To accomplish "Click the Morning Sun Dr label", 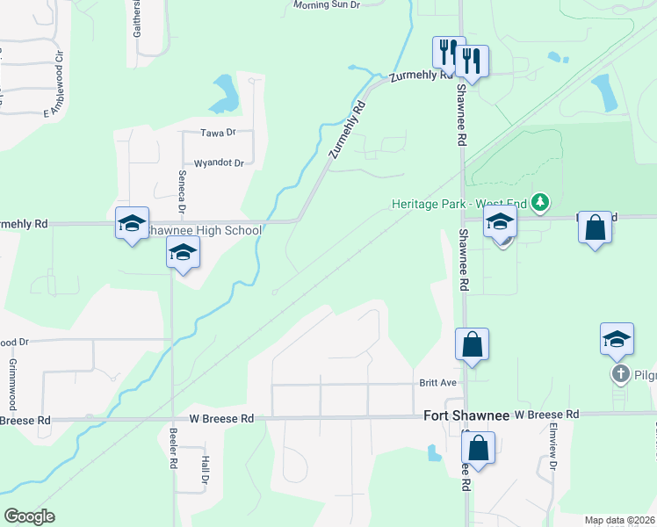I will point(327,5).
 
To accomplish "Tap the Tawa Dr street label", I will point(219,133).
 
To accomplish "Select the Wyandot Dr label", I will point(218,162).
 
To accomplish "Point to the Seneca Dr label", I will point(182,191).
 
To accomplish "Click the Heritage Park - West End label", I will point(459,205).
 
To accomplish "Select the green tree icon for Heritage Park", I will point(541,204).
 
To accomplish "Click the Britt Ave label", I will point(437,383).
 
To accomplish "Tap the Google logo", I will point(29,516).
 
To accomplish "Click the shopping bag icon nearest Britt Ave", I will point(472,344).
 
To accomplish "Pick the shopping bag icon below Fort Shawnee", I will point(479,448).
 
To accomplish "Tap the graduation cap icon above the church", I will point(617,339).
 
